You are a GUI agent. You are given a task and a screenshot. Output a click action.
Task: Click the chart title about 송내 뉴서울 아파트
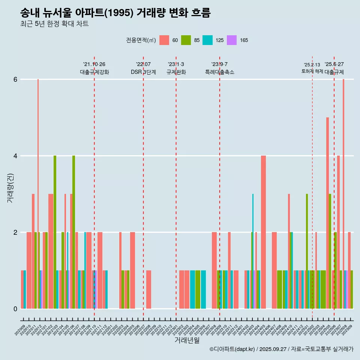click(115, 13)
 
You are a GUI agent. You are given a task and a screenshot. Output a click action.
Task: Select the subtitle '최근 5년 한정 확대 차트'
click(54, 24)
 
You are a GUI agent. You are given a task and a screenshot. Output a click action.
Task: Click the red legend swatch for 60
click(164, 40)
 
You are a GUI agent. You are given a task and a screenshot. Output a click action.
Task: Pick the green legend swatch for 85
click(186, 40)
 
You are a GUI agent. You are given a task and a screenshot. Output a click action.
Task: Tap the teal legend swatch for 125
click(208, 40)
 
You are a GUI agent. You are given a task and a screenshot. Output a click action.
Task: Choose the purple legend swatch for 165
click(232, 40)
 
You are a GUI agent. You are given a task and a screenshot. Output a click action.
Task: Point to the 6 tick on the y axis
click(15, 79)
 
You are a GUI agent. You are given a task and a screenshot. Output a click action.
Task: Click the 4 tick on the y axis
click(15, 156)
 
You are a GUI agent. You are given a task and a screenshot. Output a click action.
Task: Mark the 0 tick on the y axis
click(15, 309)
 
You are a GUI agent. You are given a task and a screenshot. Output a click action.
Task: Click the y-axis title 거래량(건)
click(10, 188)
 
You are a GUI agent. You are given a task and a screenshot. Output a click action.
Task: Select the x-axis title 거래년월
click(187, 340)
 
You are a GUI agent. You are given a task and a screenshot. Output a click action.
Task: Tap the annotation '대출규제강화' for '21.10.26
click(94, 72)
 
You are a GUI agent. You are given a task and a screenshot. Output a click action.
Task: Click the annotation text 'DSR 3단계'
click(143, 72)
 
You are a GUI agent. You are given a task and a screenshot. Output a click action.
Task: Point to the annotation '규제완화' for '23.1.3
click(176, 72)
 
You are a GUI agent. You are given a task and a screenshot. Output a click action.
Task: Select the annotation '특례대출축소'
click(220, 72)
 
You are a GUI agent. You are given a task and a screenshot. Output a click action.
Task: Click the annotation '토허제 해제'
click(312, 71)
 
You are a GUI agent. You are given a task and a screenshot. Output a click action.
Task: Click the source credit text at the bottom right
click(281, 349)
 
